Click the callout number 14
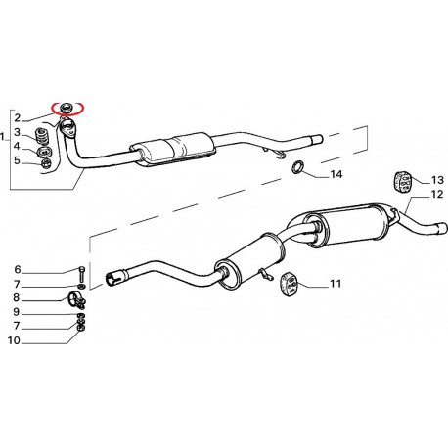[x=336, y=174]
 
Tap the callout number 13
[x=437, y=180]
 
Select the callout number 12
[x=437, y=195]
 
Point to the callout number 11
[x=336, y=284]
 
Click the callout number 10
[x=14, y=340]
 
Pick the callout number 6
[x=18, y=269]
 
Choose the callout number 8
[x=17, y=297]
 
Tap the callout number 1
[x=3, y=136]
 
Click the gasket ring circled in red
[x=67, y=107]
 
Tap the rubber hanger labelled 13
[x=402, y=182]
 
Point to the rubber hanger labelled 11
[x=290, y=284]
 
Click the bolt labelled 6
[x=81, y=274]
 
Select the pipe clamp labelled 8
[x=76, y=300]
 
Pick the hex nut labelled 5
[x=46, y=162]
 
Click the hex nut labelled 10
[x=81, y=329]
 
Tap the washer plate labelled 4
[x=43, y=152]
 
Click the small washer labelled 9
[x=80, y=316]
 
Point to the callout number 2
[x=17, y=117]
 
